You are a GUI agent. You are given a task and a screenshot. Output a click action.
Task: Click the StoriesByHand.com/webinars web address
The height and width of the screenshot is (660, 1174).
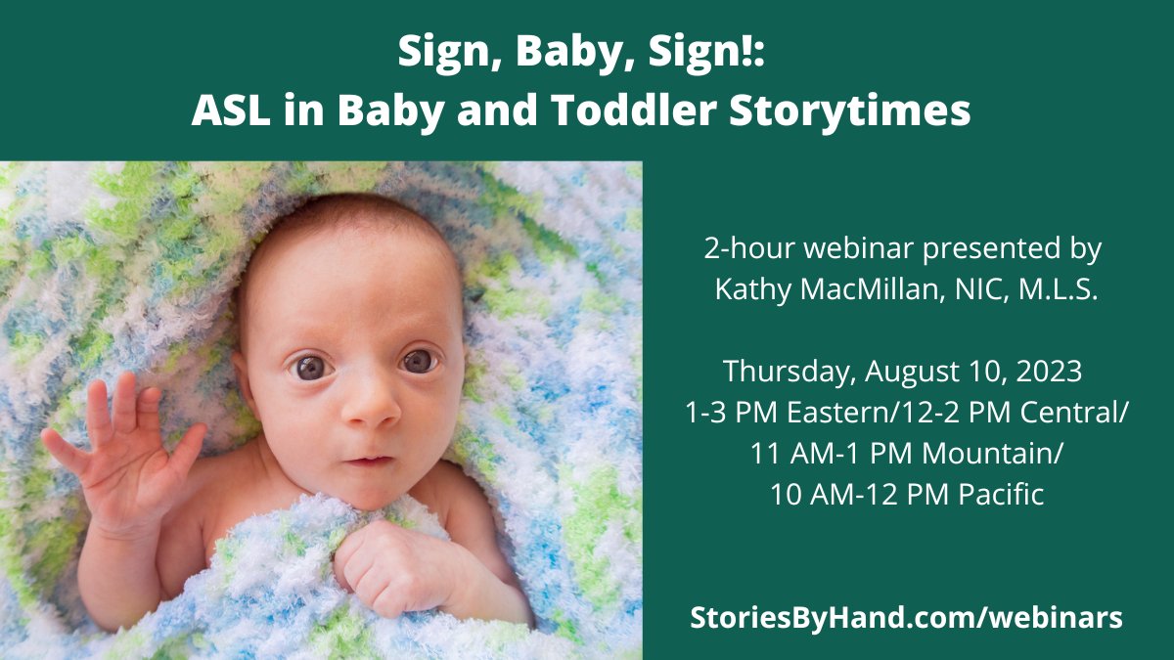coord(906,617)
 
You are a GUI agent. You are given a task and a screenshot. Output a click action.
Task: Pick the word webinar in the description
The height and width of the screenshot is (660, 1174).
coord(870,248)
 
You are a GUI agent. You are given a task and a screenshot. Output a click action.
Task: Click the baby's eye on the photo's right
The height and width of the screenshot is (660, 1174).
coord(419,361)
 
